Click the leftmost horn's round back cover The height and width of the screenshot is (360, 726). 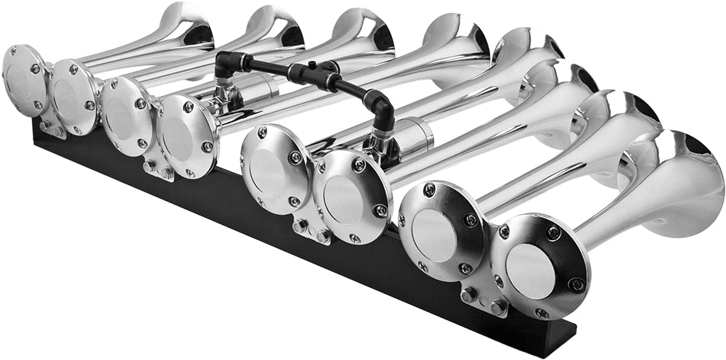pyautogui.click(x=25, y=79)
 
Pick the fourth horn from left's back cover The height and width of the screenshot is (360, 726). pyautogui.click(x=184, y=135)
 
